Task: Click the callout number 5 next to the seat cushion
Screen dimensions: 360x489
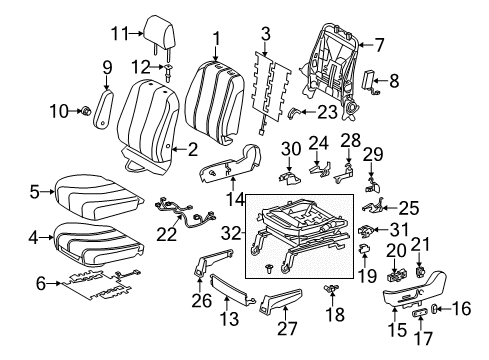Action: click(34, 190)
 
